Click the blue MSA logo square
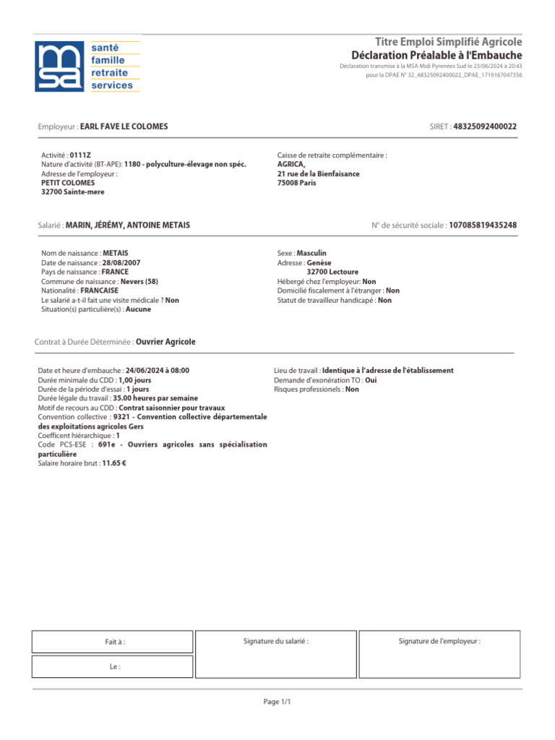pyautogui.click(x=60, y=66)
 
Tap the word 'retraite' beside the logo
pyautogui.click(x=109, y=73)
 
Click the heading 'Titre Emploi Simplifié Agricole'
pyautogui.click(x=448, y=42)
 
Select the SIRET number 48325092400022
pyautogui.click(x=485, y=126)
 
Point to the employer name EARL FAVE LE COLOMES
pyautogui.click(x=124, y=126)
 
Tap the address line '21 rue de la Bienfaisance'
pyautogui.click(x=318, y=173)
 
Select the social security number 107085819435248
pyautogui.click(x=483, y=225)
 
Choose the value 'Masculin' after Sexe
pyautogui.click(x=311, y=254)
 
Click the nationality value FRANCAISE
pyautogui.click(x=99, y=291)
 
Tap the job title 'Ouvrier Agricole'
pyautogui.click(x=165, y=342)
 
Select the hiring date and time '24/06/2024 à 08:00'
pyautogui.click(x=157, y=370)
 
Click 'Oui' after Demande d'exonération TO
pyautogui.click(x=371, y=379)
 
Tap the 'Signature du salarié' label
pyautogui.click(x=276, y=641)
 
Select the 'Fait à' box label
pyautogui.click(x=115, y=642)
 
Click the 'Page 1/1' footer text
pyautogui.click(x=277, y=702)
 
